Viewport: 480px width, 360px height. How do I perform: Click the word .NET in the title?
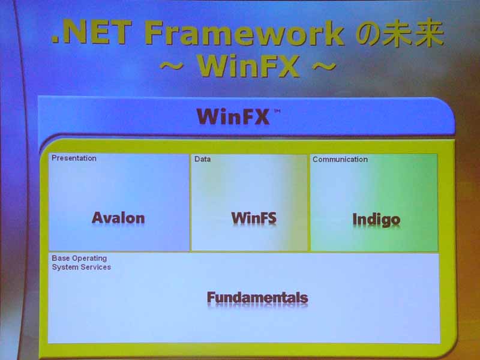click(x=91, y=32)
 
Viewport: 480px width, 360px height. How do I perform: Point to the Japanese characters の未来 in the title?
click(x=400, y=33)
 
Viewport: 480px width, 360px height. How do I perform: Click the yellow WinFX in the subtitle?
click(x=248, y=65)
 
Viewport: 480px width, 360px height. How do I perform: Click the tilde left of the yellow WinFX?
click(x=172, y=65)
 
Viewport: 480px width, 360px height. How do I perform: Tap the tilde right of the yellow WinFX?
click(x=324, y=65)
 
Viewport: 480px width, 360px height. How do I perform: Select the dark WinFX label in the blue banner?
click(x=233, y=116)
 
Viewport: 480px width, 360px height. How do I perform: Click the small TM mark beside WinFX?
click(x=277, y=112)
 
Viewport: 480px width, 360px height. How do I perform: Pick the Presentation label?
click(x=74, y=158)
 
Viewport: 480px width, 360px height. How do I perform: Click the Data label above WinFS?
click(x=202, y=159)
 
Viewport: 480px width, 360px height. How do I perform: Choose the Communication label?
click(x=340, y=159)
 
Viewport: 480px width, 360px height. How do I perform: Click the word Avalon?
click(x=118, y=218)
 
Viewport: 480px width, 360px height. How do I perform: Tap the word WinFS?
click(x=254, y=218)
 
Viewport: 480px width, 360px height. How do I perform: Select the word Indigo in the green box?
click(x=376, y=220)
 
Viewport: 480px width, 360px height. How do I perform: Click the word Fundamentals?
click(x=257, y=298)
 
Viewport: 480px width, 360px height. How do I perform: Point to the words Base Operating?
click(x=79, y=259)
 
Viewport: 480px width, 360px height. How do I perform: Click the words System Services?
click(x=82, y=267)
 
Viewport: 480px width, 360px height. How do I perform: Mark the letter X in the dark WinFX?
click(x=260, y=116)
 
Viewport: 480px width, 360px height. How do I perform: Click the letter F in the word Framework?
click(x=154, y=32)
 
